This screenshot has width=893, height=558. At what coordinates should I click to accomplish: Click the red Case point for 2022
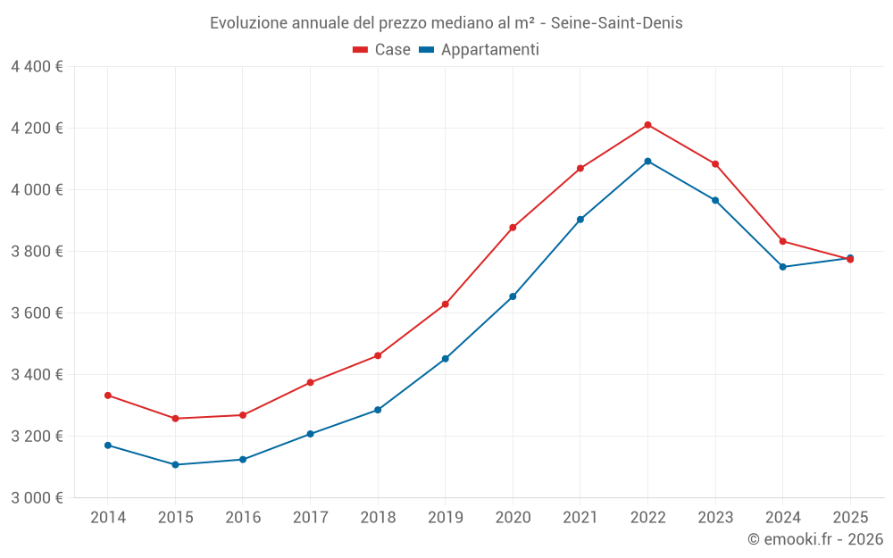pos(647,125)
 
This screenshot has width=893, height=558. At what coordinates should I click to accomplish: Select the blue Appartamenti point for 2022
pos(647,162)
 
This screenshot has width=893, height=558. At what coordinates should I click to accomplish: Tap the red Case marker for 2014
pos(108,396)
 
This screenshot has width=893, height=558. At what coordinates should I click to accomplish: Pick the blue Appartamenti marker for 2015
pos(175,465)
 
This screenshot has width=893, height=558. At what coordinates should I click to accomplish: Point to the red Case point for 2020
pos(513,228)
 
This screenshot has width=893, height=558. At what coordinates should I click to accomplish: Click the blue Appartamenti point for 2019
pos(446,359)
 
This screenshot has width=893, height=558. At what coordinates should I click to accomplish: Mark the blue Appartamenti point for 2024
pos(783,267)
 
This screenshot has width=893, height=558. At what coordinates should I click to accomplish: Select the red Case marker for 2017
pos(311,383)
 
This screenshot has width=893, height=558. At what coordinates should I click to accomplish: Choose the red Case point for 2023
pos(715,164)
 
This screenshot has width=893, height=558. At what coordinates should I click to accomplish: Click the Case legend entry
pos(382,50)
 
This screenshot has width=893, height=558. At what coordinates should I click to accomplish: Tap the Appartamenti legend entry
pos(480,50)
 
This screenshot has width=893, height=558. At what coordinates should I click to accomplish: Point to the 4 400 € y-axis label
pos(38,67)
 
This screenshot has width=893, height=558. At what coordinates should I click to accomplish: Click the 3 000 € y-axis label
pos(38,498)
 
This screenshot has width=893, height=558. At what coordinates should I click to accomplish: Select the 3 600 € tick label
pos(38,313)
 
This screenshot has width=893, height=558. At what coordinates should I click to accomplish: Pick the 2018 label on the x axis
pos(378,518)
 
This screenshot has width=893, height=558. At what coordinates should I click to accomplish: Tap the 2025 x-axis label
pos(850,518)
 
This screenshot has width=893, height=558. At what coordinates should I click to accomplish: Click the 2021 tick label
pos(580,518)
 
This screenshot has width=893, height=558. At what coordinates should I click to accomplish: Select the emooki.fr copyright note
pos(815,539)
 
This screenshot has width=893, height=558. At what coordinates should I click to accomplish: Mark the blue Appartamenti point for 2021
pos(580,220)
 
